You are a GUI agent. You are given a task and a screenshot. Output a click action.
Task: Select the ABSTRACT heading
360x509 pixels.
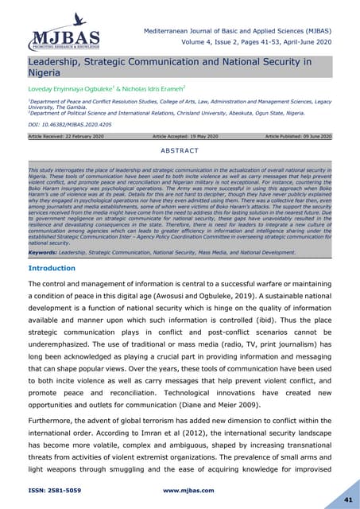coord(180,149)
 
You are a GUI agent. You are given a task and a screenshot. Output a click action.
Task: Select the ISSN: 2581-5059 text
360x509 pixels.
coord(60,491)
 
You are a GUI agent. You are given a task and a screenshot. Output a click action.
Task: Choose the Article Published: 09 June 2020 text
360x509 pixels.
coord(293,137)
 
